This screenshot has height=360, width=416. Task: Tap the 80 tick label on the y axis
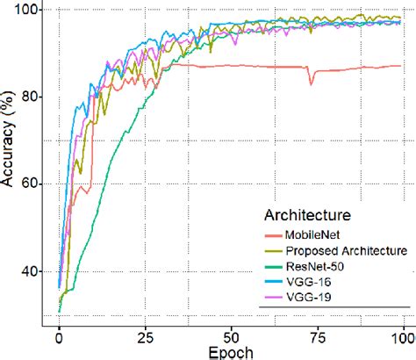(25, 97)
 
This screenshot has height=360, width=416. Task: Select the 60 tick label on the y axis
(25, 184)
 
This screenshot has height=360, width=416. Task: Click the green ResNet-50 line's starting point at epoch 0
(59, 312)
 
